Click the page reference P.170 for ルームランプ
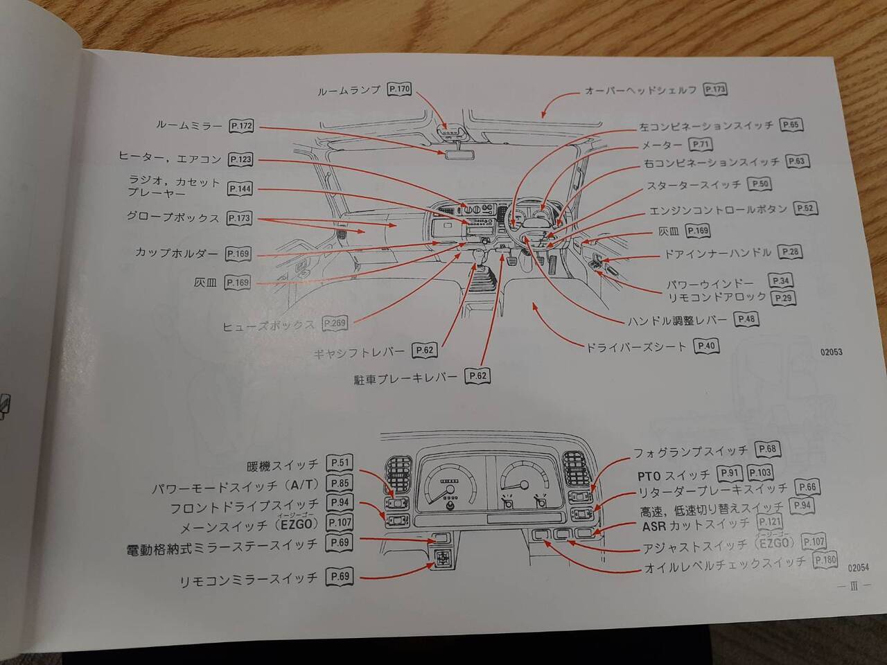click(400, 89)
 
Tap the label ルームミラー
click(188, 125)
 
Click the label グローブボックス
click(173, 218)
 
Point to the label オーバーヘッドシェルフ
click(640, 90)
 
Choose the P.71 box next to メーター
click(701, 145)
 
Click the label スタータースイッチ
click(694, 185)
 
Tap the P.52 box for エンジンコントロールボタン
click(805, 209)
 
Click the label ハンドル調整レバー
click(677, 320)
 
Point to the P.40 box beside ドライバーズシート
click(707, 346)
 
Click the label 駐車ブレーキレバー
click(405, 378)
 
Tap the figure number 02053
click(831, 352)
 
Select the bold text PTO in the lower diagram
click(650, 476)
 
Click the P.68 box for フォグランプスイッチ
click(767, 450)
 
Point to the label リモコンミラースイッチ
click(248, 578)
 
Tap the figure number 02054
click(858, 567)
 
